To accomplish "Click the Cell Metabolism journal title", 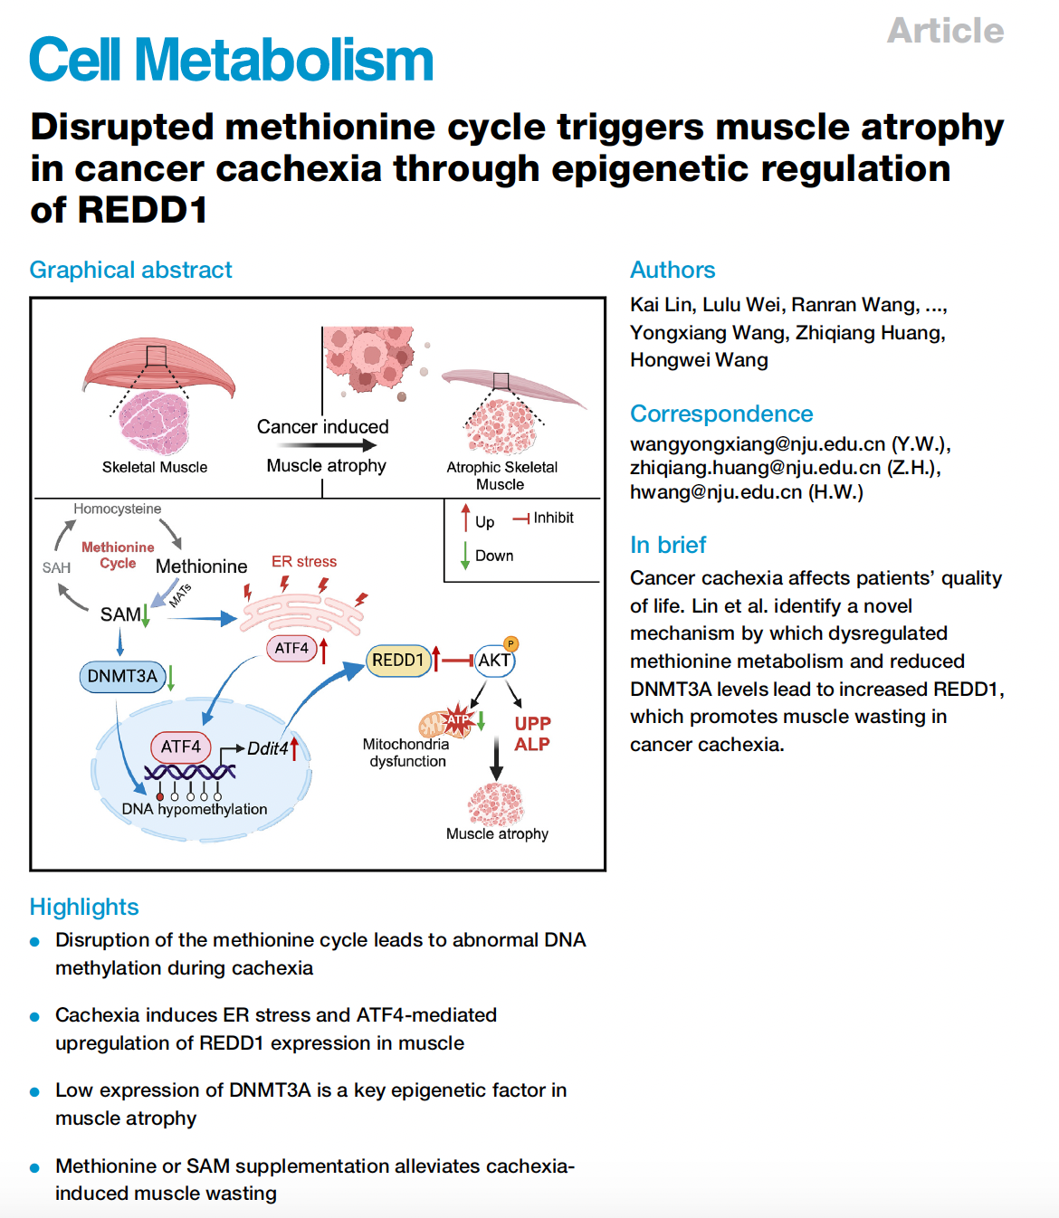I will click(232, 60).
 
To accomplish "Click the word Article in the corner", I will click(945, 31).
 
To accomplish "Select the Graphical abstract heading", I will click(130, 270).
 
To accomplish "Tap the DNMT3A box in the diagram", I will click(122, 676).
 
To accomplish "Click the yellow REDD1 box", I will click(397, 661).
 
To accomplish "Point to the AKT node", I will click(494, 661).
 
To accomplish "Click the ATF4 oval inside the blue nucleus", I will click(181, 747).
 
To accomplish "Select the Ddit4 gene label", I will click(268, 748).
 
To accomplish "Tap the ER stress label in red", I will click(304, 562).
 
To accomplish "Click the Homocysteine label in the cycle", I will click(118, 509).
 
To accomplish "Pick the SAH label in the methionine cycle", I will click(56, 567).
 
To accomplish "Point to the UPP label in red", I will click(532, 724).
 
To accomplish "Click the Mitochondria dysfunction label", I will click(406, 753).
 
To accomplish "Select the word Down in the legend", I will click(494, 556).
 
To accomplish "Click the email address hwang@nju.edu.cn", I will click(716, 492).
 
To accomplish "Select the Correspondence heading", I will click(721, 414).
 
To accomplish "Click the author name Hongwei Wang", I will click(699, 360).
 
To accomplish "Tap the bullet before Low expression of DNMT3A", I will click(35, 1091).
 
